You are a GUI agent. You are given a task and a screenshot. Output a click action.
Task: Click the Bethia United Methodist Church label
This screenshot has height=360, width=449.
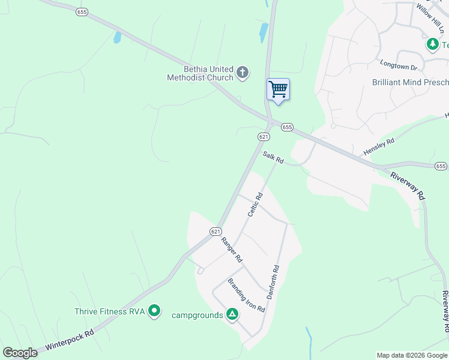coord(200,73)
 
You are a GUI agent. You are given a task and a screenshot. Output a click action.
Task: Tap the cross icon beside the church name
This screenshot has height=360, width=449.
coord(243,73)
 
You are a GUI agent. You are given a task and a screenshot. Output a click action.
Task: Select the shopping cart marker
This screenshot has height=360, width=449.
coord(278,90)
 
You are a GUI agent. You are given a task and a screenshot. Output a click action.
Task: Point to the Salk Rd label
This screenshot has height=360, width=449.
coord(273,157)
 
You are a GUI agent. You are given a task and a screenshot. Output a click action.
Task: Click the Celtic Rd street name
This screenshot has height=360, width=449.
coord(256,205)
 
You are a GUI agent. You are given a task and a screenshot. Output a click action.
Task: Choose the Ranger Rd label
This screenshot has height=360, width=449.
coord(231,250)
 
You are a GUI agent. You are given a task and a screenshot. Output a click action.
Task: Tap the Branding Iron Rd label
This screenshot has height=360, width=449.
coord(246,295)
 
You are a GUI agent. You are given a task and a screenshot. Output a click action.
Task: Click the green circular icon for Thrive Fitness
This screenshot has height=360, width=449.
coord(154,311)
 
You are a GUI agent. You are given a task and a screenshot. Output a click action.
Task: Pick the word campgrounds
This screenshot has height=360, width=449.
coord(197,315)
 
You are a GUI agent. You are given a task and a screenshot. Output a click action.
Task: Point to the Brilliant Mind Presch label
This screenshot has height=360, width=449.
coord(410,82)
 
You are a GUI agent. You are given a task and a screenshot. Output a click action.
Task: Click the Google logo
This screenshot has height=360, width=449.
coord(20,353)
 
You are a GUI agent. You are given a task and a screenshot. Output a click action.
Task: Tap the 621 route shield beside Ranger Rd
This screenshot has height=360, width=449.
coord(216,231)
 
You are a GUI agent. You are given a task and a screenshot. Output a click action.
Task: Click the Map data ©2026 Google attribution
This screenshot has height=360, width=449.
coord(411,355)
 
